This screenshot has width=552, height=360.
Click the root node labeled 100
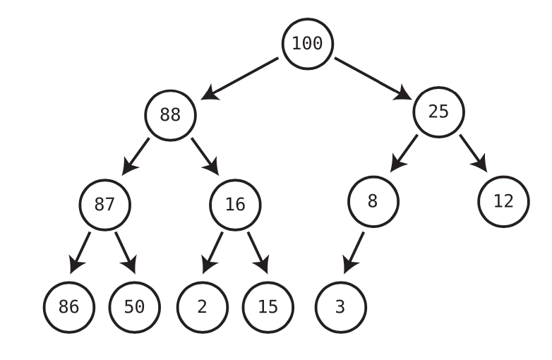pyautogui.click(x=307, y=44)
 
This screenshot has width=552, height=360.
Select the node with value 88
pyautogui.click(x=170, y=115)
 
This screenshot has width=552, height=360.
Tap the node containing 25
pyautogui.click(x=438, y=112)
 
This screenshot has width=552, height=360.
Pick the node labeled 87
pyautogui.click(x=104, y=205)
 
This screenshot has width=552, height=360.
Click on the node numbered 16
pyautogui.click(x=235, y=205)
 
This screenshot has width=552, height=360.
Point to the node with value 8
pyautogui.click(x=373, y=201)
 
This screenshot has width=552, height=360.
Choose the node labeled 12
pyautogui.click(x=503, y=201)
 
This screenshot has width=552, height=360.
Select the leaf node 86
pyautogui.click(x=68, y=308)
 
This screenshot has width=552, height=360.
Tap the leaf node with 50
pyautogui.click(x=135, y=308)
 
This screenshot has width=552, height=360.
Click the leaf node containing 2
pyautogui.click(x=202, y=308)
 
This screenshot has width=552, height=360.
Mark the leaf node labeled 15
pyautogui.click(x=268, y=308)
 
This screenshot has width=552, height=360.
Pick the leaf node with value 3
pyautogui.click(x=340, y=308)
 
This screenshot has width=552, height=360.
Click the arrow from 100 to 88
pyautogui.click(x=240, y=78)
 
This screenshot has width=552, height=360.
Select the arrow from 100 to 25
pyautogui.click(x=373, y=78)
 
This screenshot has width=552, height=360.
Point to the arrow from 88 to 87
pyautogui.click(x=136, y=156)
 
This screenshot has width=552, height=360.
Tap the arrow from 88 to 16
pyautogui.click(x=205, y=156)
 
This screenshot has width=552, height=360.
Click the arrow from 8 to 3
pyautogui.click(x=354, y=252)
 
